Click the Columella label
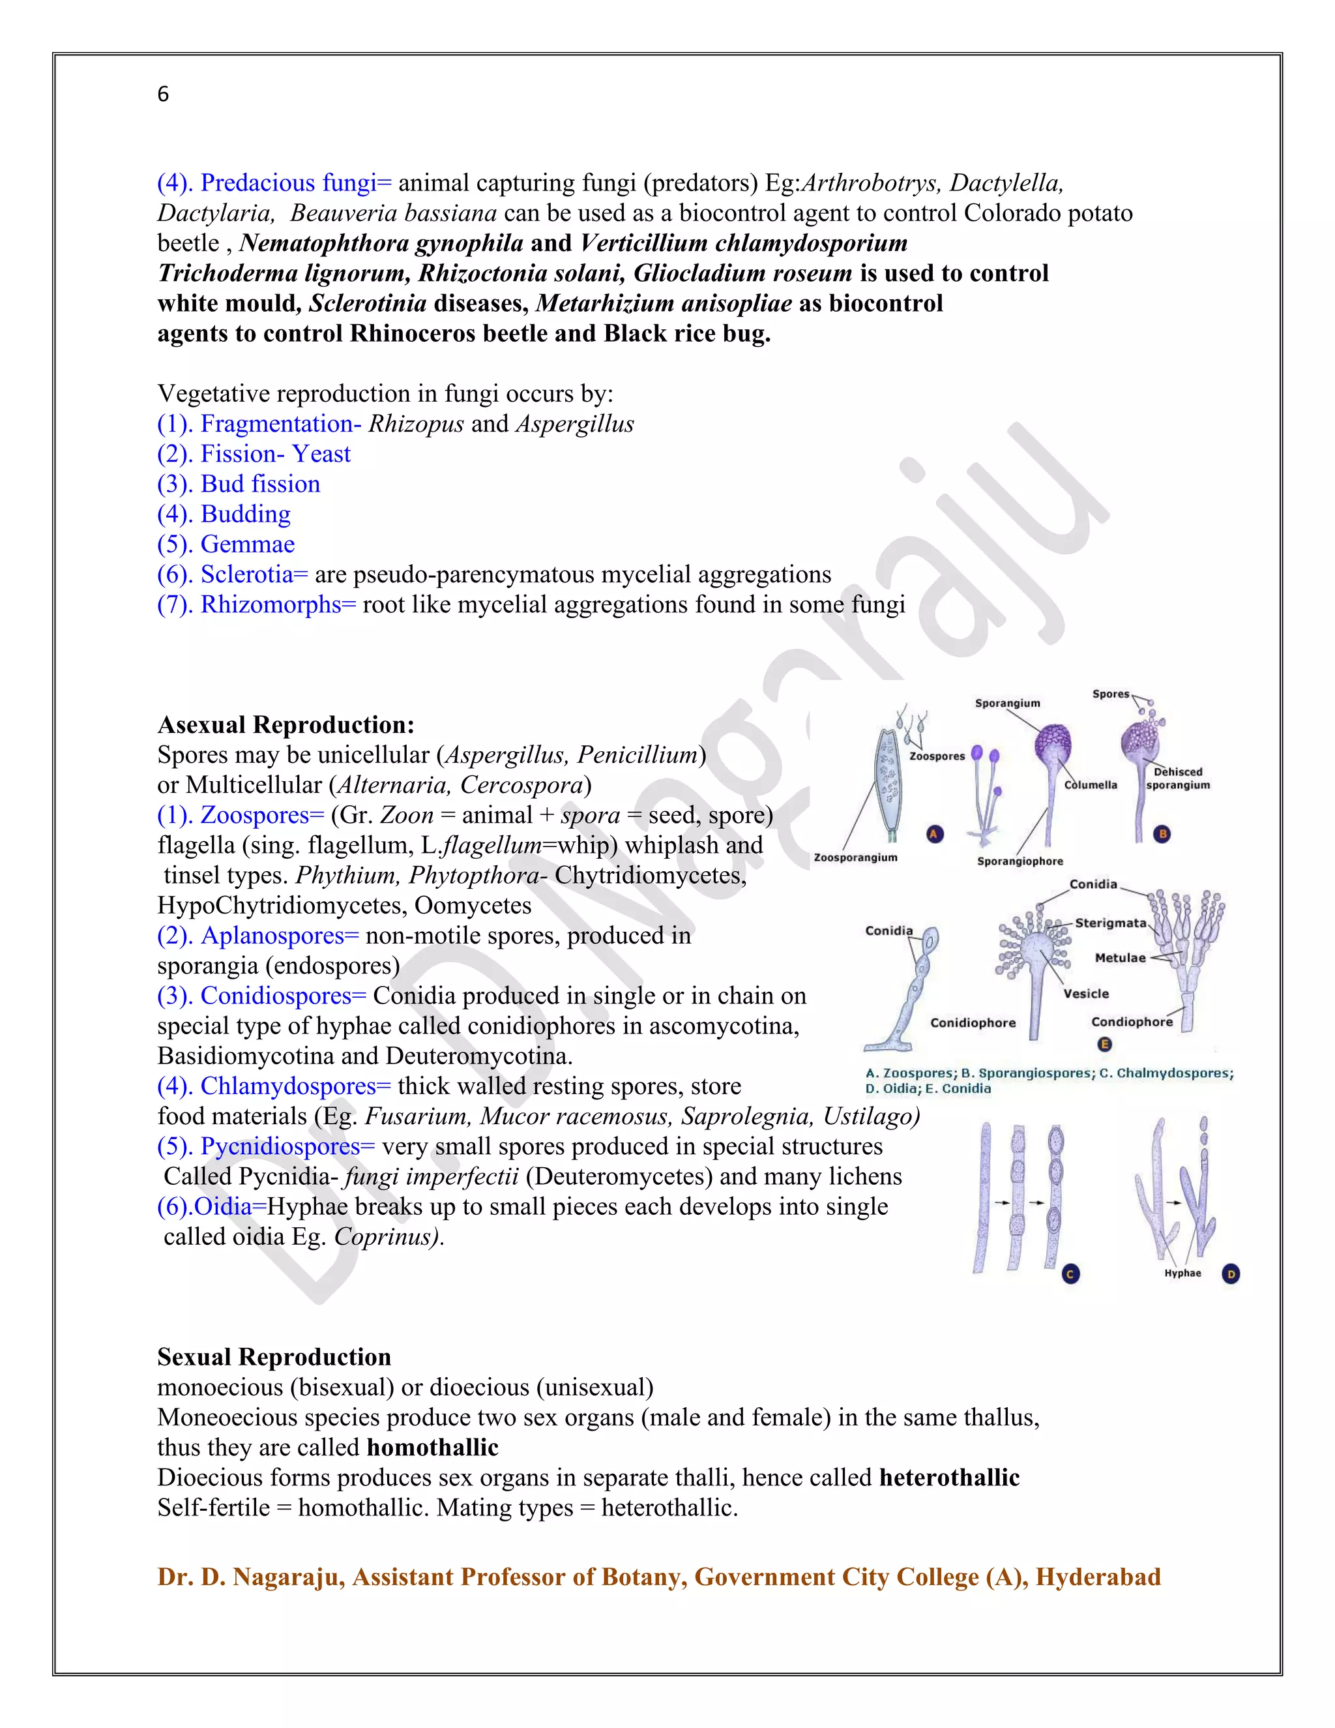tap(1091, 785)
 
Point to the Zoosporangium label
tap(856, 857)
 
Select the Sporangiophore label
tap(1020, 861)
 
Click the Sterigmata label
tap(1110, 923)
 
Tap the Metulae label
tap(1120, 958)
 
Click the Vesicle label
tap(1086, 994)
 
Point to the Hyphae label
tap(1182, 1273)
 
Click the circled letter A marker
tap(935, 834)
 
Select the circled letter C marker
tap(1070, 1274)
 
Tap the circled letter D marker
tap(1231, 1274)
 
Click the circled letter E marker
tap(1105, 1045)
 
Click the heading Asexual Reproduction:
tap(286, 724)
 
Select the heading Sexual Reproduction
tap(274, 1357)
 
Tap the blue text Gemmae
tap(248, 544)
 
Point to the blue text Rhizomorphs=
tap(278, 604)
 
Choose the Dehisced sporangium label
tap(1178, 779)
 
